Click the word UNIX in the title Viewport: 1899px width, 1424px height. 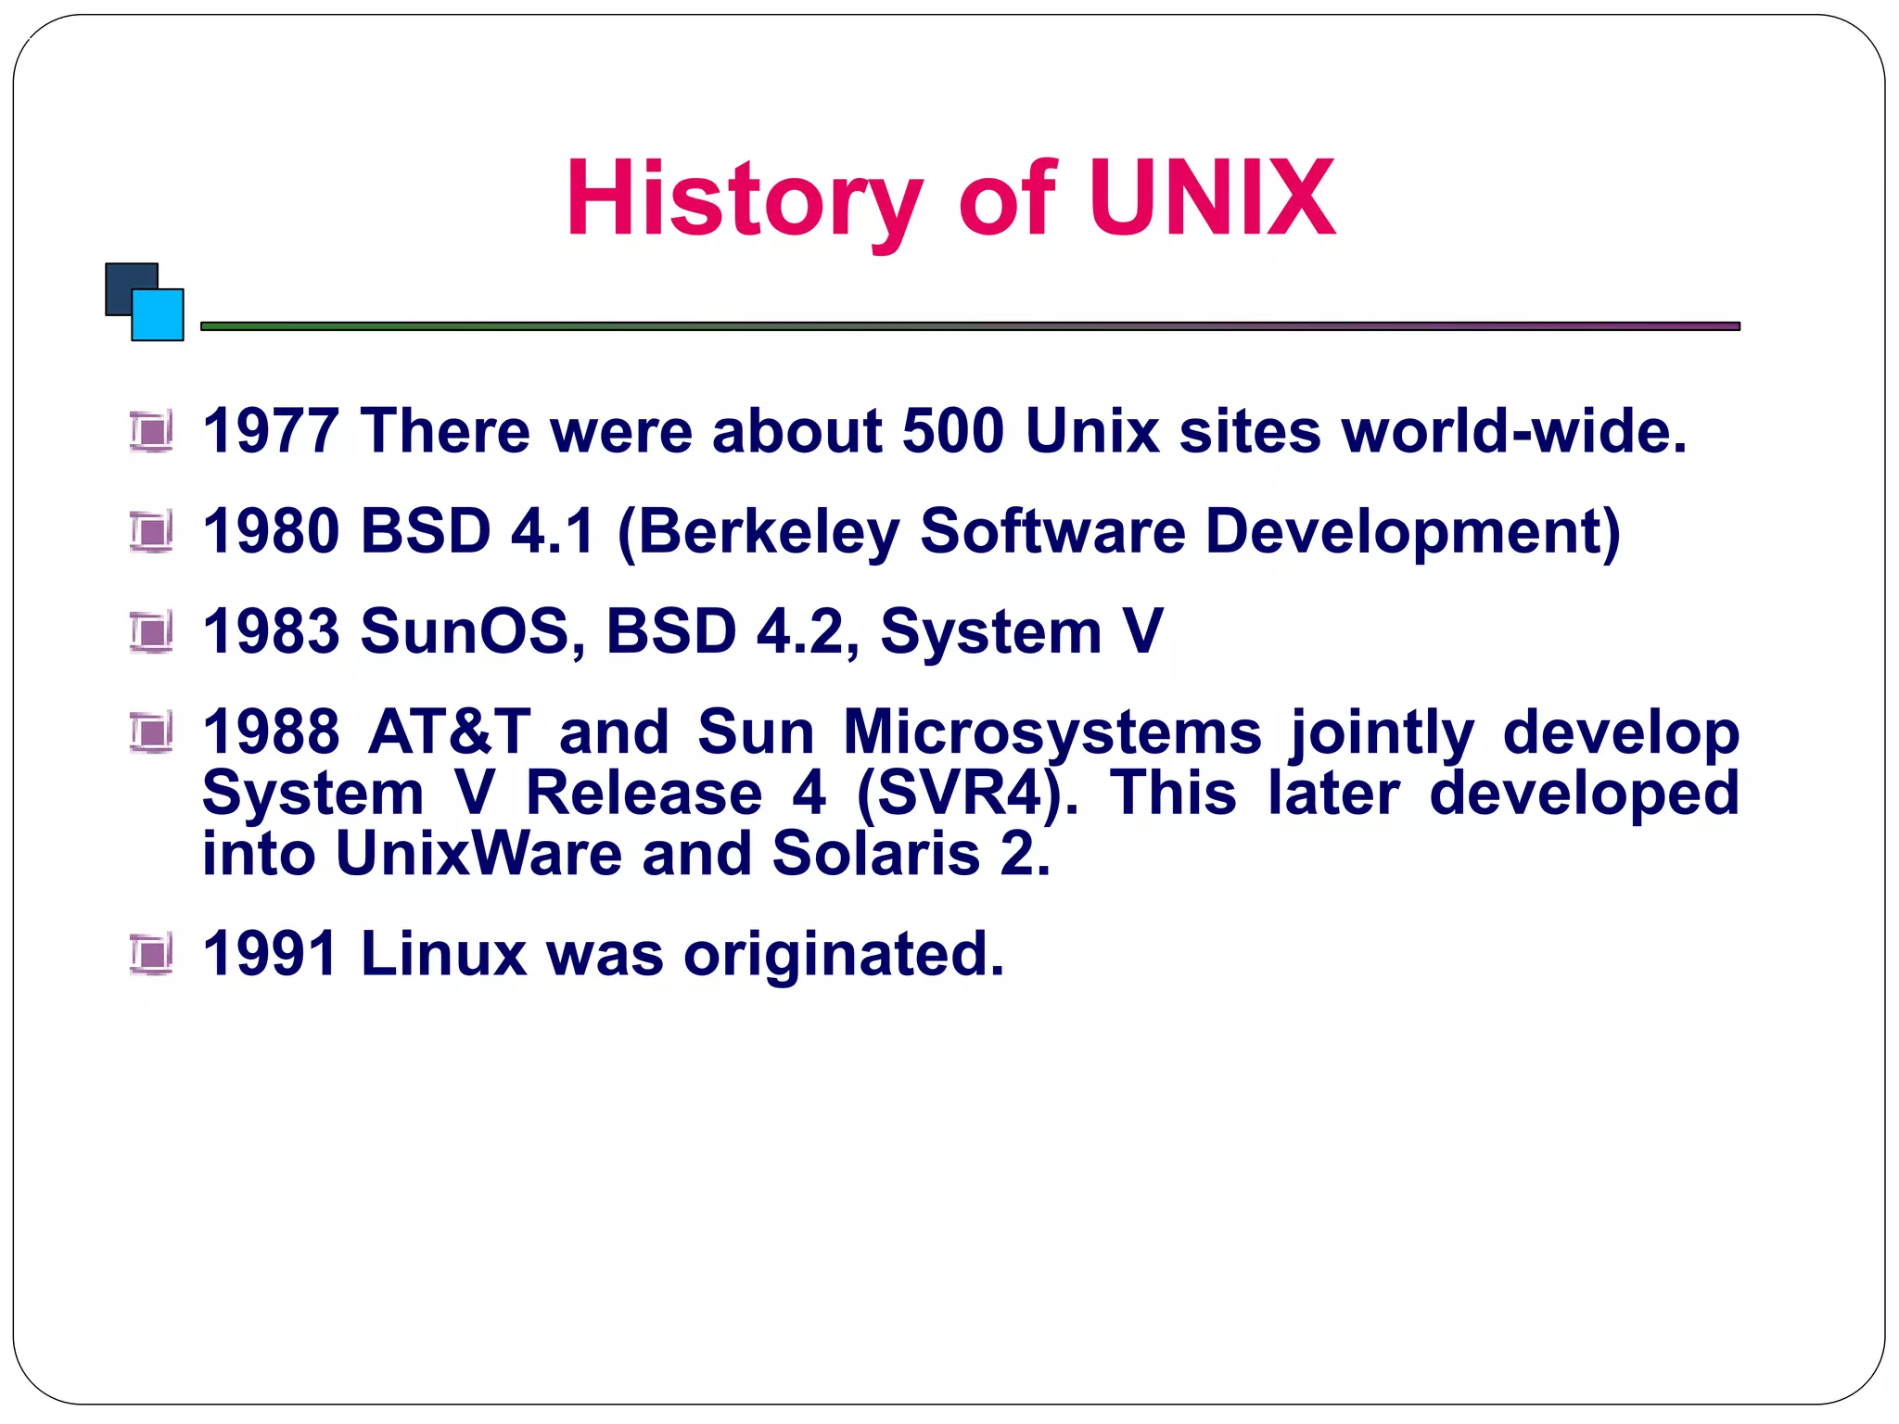click(1211, 198)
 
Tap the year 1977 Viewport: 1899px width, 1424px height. click(271, 431)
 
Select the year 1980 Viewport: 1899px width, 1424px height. click(271, 531)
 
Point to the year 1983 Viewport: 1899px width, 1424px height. click(271, 631)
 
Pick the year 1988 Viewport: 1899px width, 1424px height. click(271, 731)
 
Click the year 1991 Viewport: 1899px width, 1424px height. click(271, 954)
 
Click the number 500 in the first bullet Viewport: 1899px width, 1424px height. click(952, 431)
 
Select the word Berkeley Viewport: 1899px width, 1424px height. click(769, 533)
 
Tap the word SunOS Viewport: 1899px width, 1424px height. click(472, 631)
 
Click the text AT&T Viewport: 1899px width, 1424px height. click(450, 731)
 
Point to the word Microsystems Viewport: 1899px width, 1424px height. click(1051, 733)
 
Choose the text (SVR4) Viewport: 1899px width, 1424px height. click(967, 795)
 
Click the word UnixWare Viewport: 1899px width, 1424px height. click(478, 854)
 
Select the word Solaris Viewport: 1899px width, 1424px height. click(875, 854)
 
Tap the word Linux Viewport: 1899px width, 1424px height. click(443, 954)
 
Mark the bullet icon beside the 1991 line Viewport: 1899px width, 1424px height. click(151, 954)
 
